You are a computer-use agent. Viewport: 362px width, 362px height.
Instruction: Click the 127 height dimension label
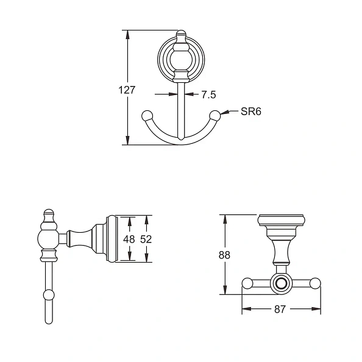click(x=127, y=90)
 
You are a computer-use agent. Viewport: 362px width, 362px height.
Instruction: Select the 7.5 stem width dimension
click(x=208, y=94)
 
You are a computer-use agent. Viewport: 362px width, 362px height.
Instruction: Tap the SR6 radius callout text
click(x=250, y=112)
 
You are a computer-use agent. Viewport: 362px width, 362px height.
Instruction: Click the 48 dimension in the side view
click(x=129, y=239)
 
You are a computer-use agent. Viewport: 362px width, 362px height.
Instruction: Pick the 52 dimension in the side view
click(x=146, y=239)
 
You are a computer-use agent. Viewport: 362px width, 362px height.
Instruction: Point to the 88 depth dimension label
click(x=224, y=255)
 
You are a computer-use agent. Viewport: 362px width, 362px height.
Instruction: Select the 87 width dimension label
click(x=280, y=310)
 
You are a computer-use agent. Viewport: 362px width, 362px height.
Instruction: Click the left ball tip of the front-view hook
click(x=146, y=115)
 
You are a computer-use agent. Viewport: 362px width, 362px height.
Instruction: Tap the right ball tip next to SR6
click(x=215, y=115)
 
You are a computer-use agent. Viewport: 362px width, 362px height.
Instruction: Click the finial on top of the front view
click(x=180, y=35)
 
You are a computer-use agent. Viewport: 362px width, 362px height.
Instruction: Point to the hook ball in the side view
click(x=49, y=296)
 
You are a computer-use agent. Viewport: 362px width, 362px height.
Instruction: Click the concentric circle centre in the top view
click(x=281, y=283)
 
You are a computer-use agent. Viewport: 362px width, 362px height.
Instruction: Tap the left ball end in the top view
click(x=247, y=283)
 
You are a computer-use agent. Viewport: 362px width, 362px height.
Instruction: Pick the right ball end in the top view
click(x=315, y=283)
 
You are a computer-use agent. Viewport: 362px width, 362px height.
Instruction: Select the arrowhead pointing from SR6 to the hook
click(x=225, y=112)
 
